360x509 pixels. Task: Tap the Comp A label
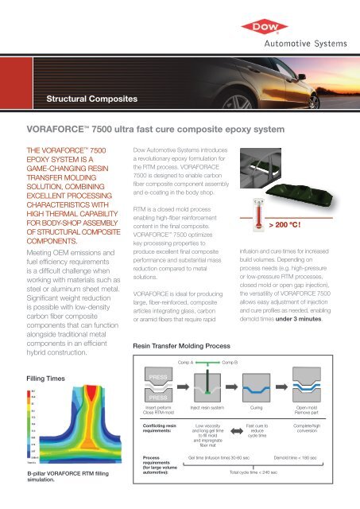[188, 362]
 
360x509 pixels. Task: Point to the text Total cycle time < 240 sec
[254, 472]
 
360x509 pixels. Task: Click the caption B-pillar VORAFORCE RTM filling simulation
[56, 478]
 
